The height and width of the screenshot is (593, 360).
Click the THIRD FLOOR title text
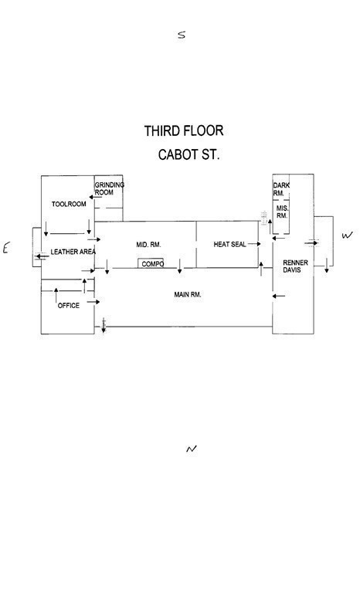pyautogui.click(x=184, y=130)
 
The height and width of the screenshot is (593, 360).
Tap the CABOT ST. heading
pyautogui.click(x=188, y=154)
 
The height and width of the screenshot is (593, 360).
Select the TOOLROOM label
pyautogui.click(x=69, y=204)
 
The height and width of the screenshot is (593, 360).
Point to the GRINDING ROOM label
pyautogui.click(x=110, y=188)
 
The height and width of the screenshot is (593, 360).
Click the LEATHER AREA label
pyautogui.click(x=73, y=252)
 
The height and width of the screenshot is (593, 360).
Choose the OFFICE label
pyautogui.click(x=69, y=306)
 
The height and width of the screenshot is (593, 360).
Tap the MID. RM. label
pyautogui.click(x=149, y=245)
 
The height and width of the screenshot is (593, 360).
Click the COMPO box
pyautogui.click(x=151, y=263)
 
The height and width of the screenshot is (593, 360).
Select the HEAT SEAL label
pyautogui.click(x=229, y=244)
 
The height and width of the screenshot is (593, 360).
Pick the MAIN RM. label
pyautogui.click(x=188, y=294)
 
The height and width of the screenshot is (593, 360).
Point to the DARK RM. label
pyautogui.click(x=281, y=189)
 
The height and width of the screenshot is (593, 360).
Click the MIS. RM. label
pyautogui.click(x=282, y=212)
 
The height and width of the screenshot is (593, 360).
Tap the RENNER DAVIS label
pyautogui.click(x=296, y=266)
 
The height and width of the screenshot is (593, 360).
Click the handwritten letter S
pyautogui.click(x=182, y=35)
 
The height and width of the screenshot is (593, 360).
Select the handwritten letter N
pyautogui.click(x=192, y=449)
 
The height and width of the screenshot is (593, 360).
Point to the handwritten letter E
pyautogui.click(x=5, y=249)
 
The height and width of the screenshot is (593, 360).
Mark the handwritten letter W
pyautogui.click(x=347, y=236)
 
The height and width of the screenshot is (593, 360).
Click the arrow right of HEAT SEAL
pyautogui.click(x=254, y=244)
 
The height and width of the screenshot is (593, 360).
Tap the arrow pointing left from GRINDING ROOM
pyautogui.click(x=95, y=197)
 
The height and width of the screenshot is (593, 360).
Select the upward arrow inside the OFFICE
pyautogui.click(x=56, y=295)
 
